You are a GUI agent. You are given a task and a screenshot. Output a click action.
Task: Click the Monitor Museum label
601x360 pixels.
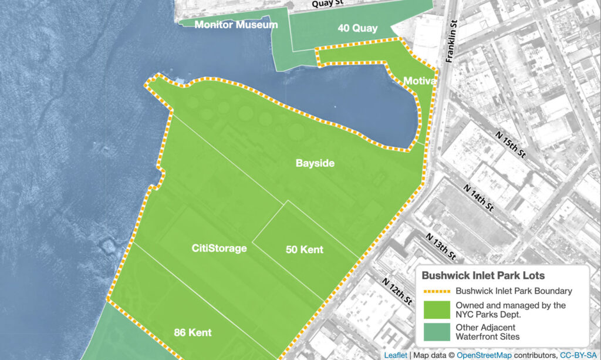pos(228,25)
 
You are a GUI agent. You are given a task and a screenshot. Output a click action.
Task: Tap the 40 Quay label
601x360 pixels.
pos(357,28)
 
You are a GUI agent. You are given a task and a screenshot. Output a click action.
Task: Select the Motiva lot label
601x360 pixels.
pos(419,81)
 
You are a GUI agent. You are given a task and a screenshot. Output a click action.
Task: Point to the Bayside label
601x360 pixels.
pos(315,163)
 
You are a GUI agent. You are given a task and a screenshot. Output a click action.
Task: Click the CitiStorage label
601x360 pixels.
pos(219,248)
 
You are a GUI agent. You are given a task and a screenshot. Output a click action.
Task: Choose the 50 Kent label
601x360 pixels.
pos(304,250)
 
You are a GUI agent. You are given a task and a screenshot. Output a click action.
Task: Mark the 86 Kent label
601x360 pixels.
pos(193,332)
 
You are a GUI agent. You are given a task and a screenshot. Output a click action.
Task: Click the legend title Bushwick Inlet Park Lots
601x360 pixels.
pos(483,275)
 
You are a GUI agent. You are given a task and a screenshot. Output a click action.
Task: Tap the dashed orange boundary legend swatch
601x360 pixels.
pos(435,291)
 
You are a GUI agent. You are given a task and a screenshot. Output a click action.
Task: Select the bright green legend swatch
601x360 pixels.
pos(435,309)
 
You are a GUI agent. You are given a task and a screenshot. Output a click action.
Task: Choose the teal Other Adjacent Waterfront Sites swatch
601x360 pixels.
pos(435,331)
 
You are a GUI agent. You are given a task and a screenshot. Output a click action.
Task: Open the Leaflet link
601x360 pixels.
pos(396,355)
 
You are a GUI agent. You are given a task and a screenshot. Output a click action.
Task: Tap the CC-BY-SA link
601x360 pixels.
pos(579,355)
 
